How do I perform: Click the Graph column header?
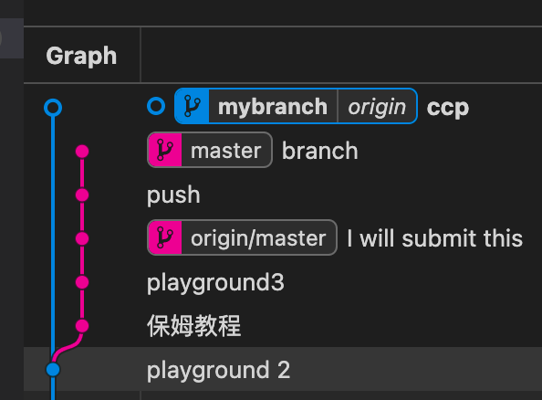click(x=81, y=56)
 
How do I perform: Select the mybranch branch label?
click(x=273, y=107)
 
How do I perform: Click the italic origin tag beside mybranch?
click(x=377, y=107)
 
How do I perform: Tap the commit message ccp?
click(x=448, y=108)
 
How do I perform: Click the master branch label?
click(x=225, y=151)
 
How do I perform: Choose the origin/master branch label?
click(x=258, y=238)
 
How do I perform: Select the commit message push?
click(x=173, y=195)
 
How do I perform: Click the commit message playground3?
click(x=215, y=283)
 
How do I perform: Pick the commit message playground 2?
click(x=218, y=370)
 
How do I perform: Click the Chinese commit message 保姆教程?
click(x=194, y=326)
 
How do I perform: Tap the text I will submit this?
click(x=435, y=238)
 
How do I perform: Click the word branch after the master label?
click(x=319, y=151)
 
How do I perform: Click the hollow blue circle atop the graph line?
click(x=53, y=108)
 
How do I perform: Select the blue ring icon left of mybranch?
click(x=156, y=106)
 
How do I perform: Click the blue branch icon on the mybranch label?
click(x=193, y=106)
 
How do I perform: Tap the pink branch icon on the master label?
click(x=165, y=150)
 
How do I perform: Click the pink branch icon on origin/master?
click(x=165, y=237)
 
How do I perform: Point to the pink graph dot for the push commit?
click(x=82, y=195)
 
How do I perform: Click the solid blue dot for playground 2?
click(x=53, y=370)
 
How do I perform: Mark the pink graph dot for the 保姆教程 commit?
click(x=82, y=326)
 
